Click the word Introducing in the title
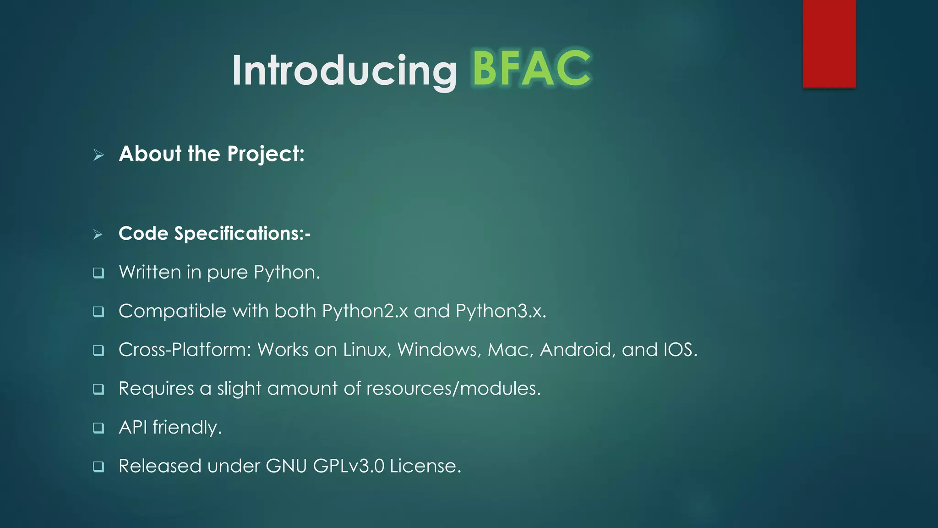pyautogui.click(x=344, y=71)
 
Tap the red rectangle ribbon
pyautogui.click(x=829, y=44)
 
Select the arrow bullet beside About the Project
pyautogui.click(x=98, y=155)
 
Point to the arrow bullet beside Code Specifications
pyautogui.click(x=98, y=234)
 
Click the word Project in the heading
pyautogui.click(x=266, y=154)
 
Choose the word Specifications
pyautogui.click(x=239, y=234)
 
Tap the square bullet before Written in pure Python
pyautogui.click(x=98, y=273)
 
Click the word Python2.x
pyautogui.click(x=365, y=311)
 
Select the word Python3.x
pyautogui.click(x=501, y=311)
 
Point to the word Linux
pyautogui.click(x=367, y=350)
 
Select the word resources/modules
pyautogui.click(x=453, y=389)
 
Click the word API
pyautogui.click(x=133, y=427)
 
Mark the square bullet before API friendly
pyautogui.click(x=98, y=428)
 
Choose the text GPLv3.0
pyautogui.click(x=349, y=466)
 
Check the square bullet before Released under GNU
pyautogui.click(x=98, y=467)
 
